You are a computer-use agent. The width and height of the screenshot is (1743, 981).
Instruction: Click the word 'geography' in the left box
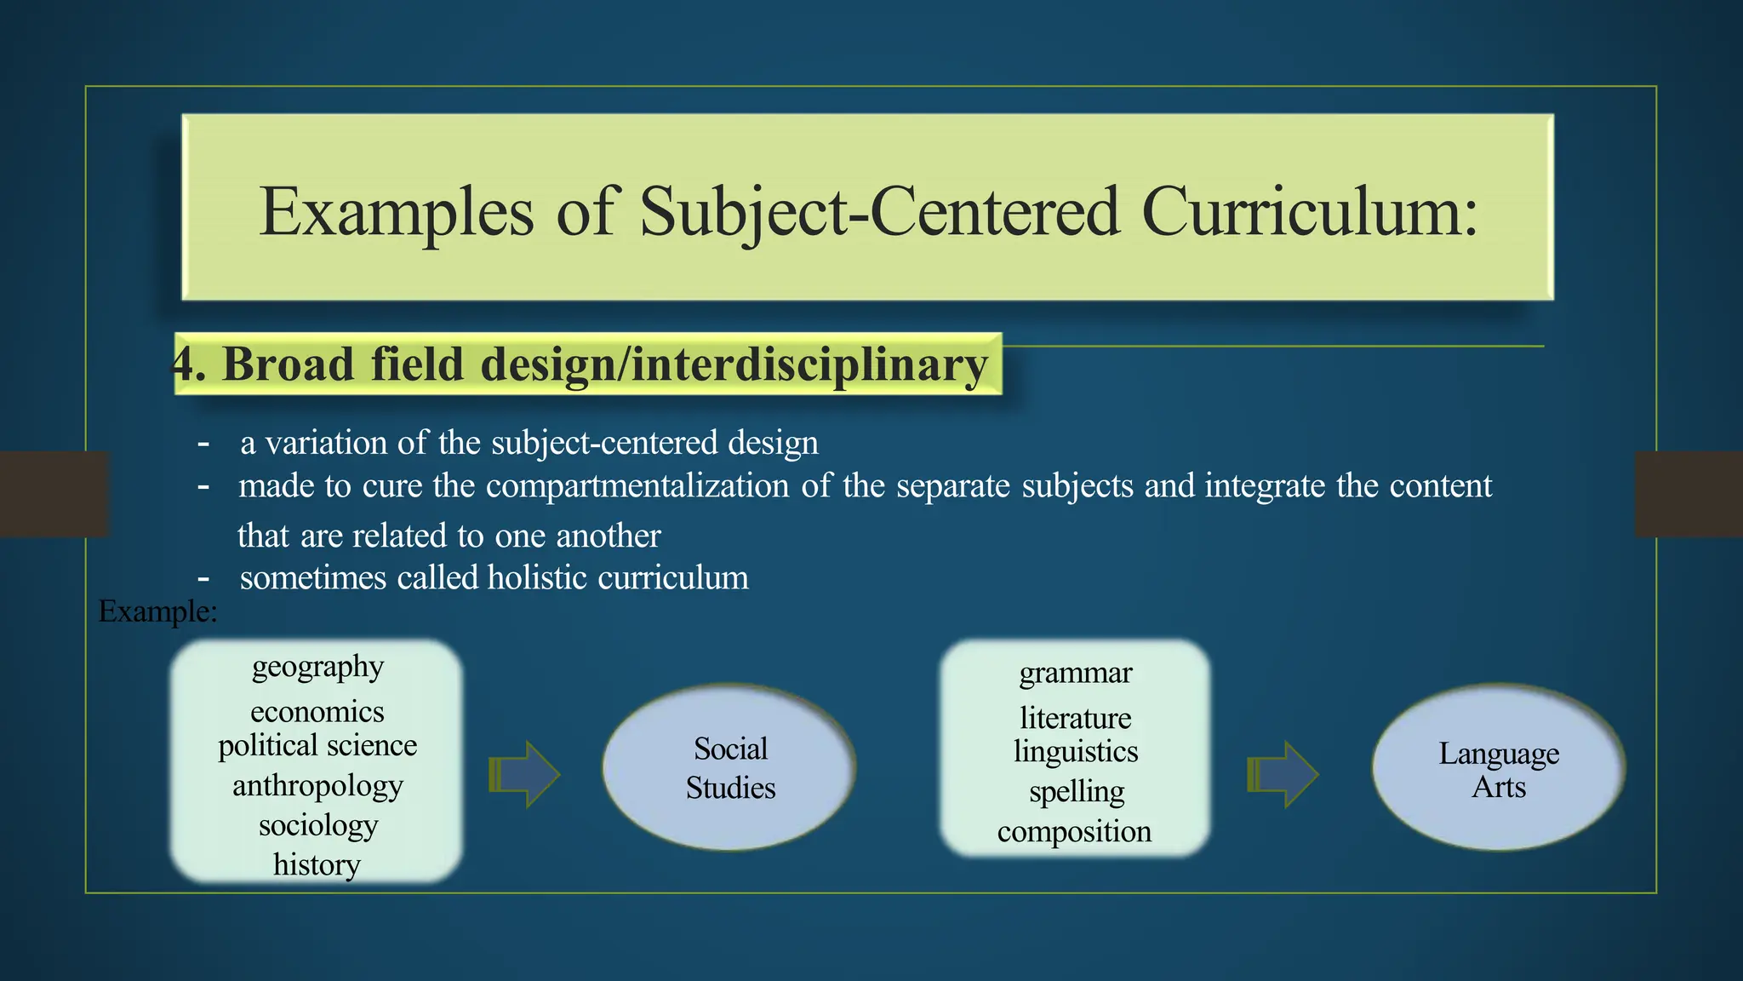pyautogui.click(x=317, y=667)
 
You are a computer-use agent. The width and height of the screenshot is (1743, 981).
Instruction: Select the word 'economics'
pyautogui.click(x=317, y=711)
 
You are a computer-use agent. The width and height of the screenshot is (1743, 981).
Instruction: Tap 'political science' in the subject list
pyautogui.click(x=317, y=745)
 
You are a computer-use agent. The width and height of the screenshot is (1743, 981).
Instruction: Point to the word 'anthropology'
pyautogui.click(x=317, y=785)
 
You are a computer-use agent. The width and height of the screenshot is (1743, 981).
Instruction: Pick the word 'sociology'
pyautogui.click(x=317, y=825)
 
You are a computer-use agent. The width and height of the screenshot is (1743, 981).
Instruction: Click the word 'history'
pyautogui.click(x=317, y=864)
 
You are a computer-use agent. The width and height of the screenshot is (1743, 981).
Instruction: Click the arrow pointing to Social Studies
pyautogui.click(x=524, y=774)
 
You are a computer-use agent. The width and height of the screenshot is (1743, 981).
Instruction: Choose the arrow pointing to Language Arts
pyautogui.click(x=1283, y=774)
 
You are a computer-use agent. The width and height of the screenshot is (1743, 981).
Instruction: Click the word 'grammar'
pyautogui.click(x=1076, y=673)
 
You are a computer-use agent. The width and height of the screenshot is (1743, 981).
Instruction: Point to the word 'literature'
pyautogui.click(x=1076, y=718)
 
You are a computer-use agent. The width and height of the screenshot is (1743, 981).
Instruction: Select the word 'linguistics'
pyautogui.click(x=1076, y=752)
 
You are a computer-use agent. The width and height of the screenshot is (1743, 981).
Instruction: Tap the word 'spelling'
pyautogui.click(x=1077, y=792)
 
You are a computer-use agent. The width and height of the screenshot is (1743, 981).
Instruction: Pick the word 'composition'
pyautogui.click(x=1074, y=831)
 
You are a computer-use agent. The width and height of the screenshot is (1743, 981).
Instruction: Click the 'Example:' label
pyautogui.click(x=157, y=611)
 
